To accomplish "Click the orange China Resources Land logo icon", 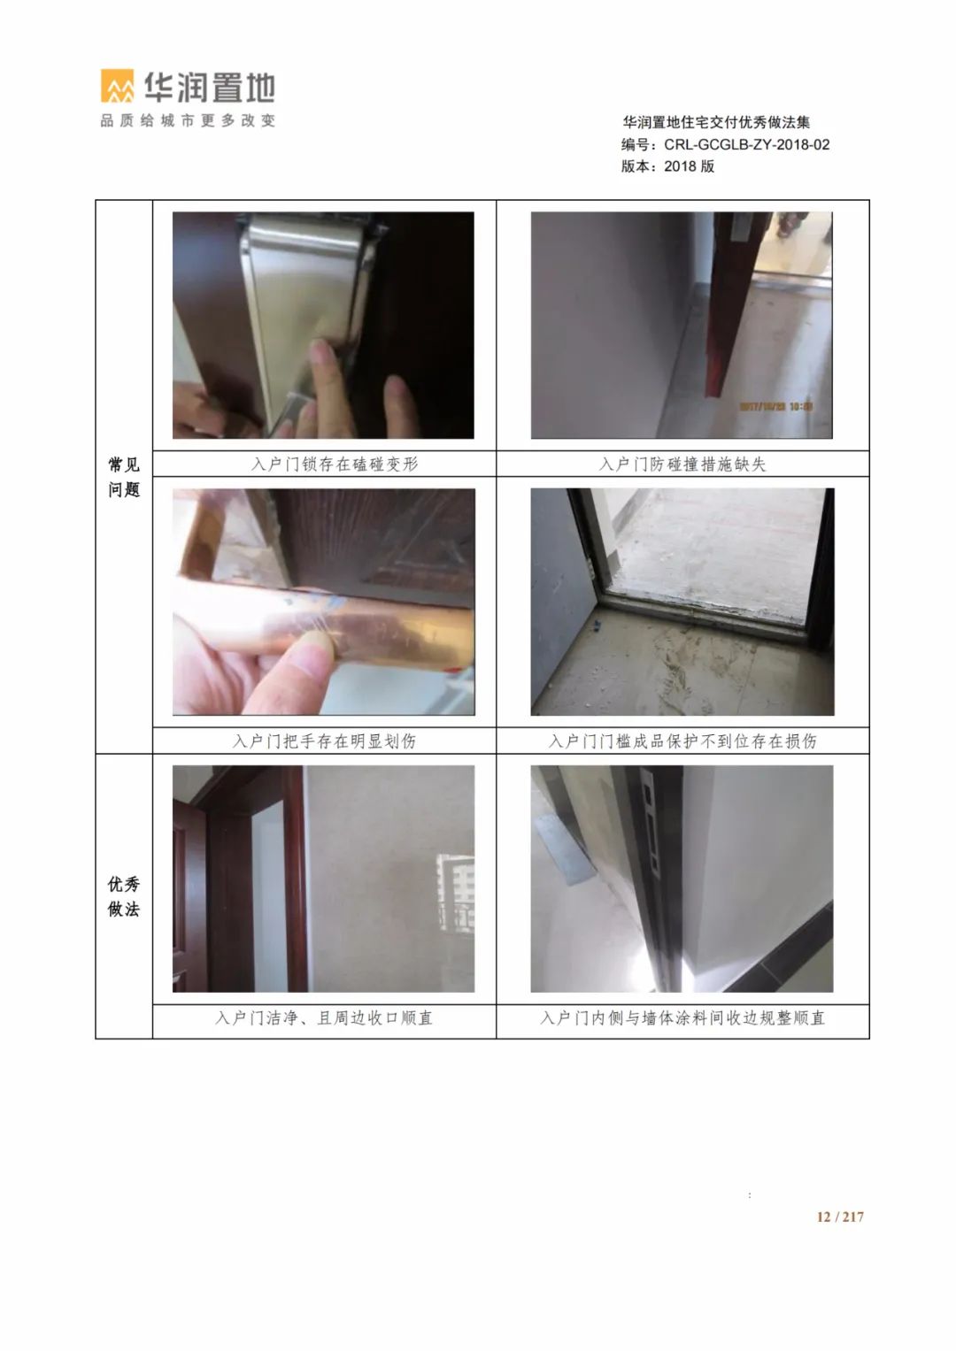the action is pos(118,86).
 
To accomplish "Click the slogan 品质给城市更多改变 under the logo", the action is pos(188,120).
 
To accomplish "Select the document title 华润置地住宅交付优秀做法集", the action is pos(716,122).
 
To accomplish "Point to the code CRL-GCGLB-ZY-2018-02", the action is pos(746,145).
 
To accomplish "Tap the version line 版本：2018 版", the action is pos(668,166).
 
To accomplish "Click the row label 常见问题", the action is pos(124,477).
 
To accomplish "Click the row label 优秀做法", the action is pos(124,897).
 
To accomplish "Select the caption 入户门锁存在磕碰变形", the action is pos(335,464).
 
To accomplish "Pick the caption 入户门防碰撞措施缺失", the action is pos(682,464).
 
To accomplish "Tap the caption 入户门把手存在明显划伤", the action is pos(324,741).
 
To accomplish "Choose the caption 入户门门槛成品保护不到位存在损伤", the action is pos(682,741).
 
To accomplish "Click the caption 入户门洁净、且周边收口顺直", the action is pos(324,1018).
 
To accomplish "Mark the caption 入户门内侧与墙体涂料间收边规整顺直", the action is pos(682,1018).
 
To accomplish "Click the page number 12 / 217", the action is pos(840,1217).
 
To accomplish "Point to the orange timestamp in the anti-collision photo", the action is pos(776,406).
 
